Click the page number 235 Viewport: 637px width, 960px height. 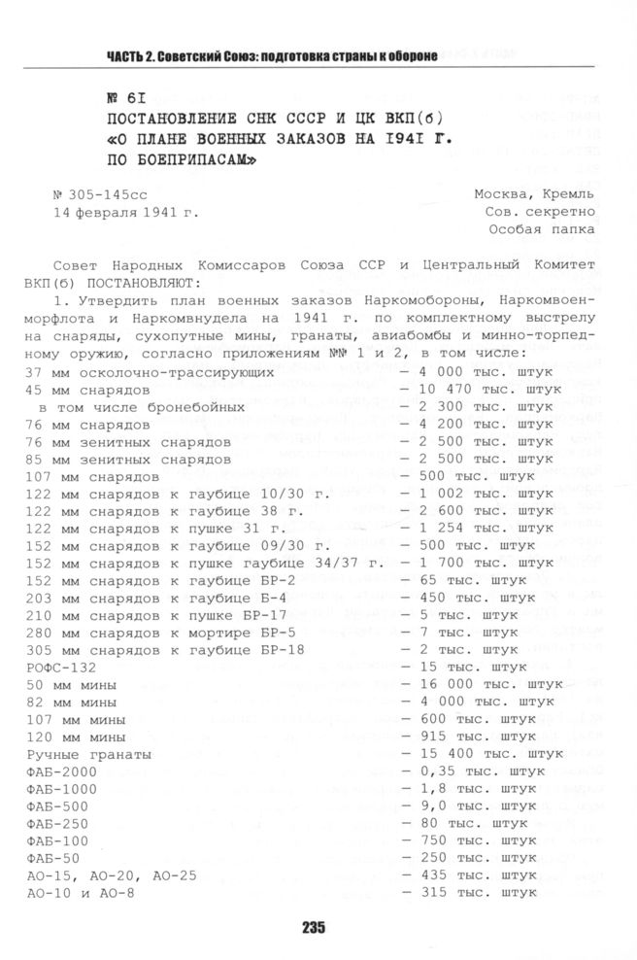313,927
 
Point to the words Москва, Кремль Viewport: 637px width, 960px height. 552,193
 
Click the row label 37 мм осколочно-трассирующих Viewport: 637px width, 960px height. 150,372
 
